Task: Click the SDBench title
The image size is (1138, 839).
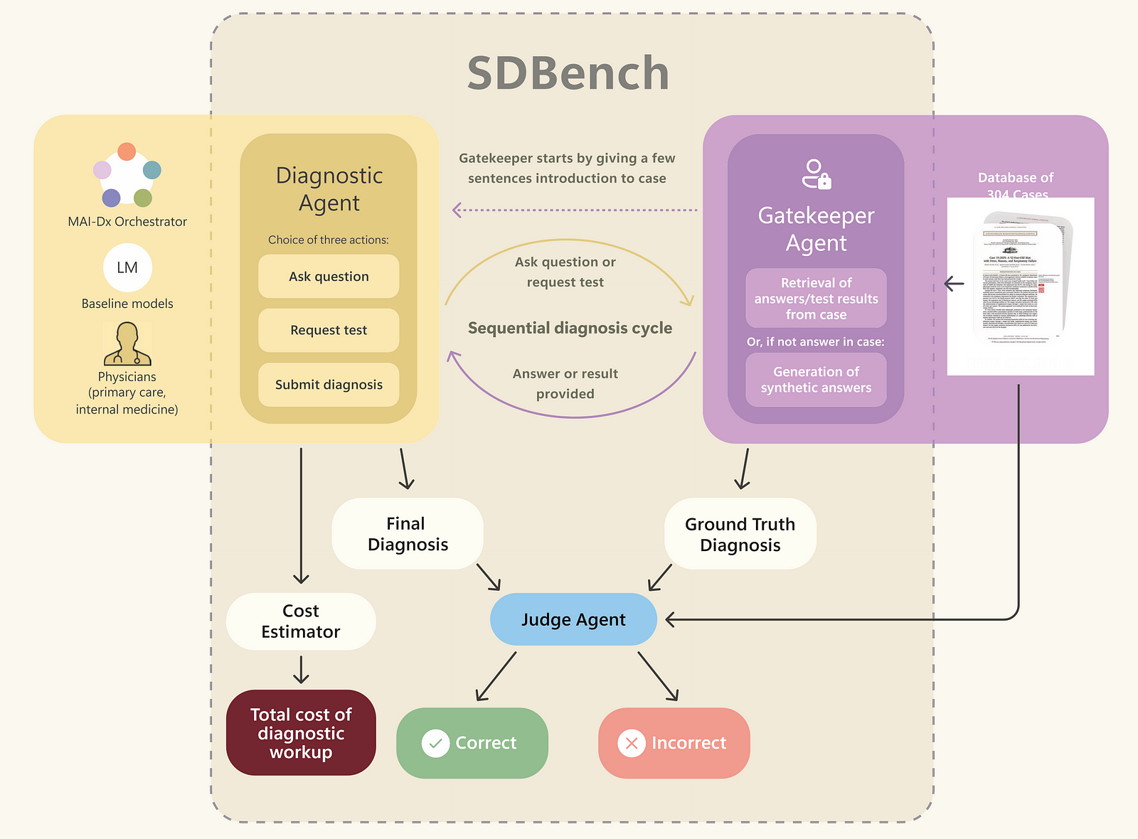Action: tap(568, 73)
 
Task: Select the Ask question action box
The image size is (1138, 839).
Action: tap(329, 277)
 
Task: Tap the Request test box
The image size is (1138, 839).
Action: tap(329, 330)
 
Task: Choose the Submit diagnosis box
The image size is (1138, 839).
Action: tap(329, 385)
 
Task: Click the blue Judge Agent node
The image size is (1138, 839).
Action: tap(573, 619)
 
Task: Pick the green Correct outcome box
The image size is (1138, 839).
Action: tap(472, 743)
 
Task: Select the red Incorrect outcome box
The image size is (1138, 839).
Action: tap(674, 743)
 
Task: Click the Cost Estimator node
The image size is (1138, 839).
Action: tap(300, 621)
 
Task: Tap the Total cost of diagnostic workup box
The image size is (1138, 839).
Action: tap(300, 733)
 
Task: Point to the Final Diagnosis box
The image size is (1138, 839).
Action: tap(408, 534)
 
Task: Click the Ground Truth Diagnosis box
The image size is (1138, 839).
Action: tap(740, 535)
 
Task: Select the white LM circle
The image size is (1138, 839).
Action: tap(127, 267)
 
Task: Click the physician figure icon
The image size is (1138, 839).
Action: tap(127, 344)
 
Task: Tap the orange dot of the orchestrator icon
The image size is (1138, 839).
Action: tap(127, 151)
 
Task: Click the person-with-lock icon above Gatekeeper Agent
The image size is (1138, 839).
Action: tap(816, 174)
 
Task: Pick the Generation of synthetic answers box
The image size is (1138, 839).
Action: tap(816, 380)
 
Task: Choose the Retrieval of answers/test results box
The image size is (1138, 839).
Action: tap(816, 299)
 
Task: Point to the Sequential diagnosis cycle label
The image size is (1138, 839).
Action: tap(570, 328)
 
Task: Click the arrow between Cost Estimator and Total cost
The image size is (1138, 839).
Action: tap(301, 670)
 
